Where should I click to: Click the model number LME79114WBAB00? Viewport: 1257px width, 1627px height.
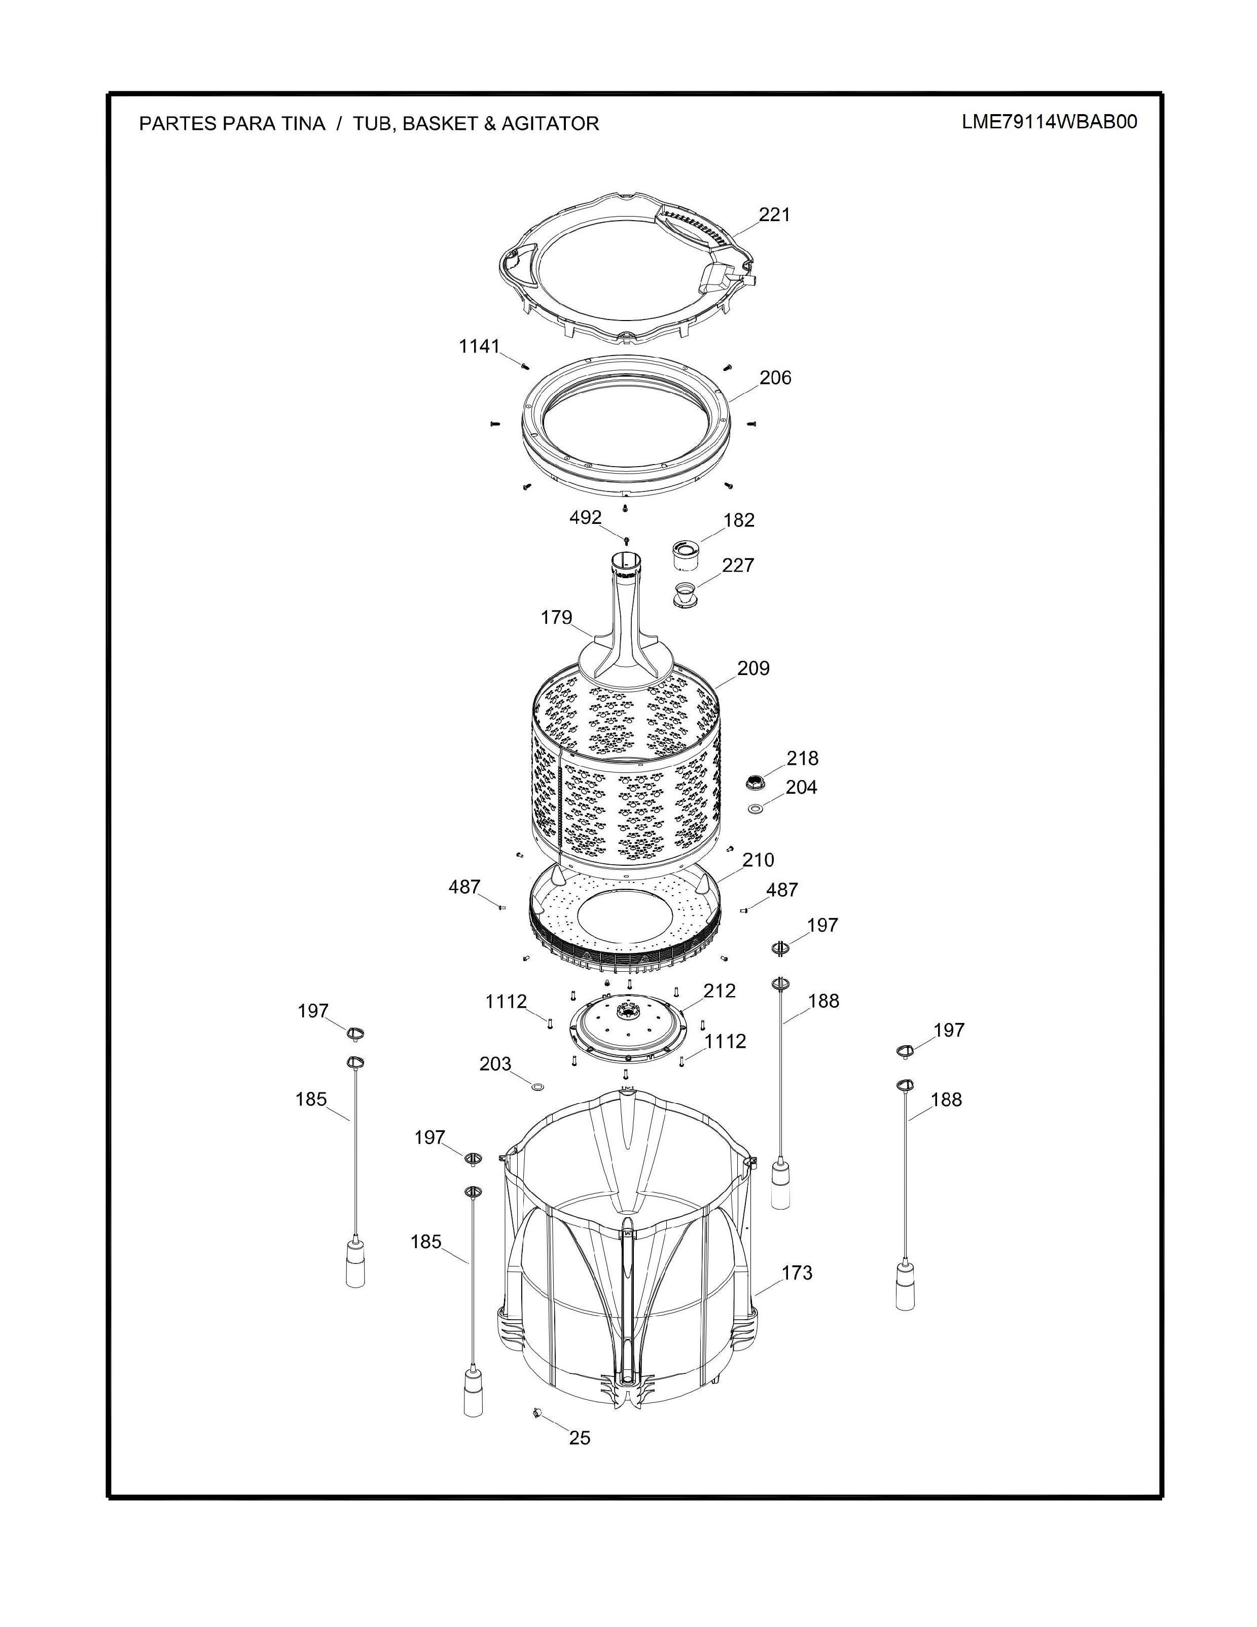point(1049,122)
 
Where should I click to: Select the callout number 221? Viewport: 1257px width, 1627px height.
point(774,215)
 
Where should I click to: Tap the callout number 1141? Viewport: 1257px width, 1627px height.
point(479,346)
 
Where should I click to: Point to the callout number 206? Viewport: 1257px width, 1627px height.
point(775,378)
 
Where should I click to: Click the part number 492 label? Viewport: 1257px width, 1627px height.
point(585,517)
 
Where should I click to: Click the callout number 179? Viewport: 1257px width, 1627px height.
point(556,618)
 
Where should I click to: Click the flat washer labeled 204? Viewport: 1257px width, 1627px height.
point(755,808)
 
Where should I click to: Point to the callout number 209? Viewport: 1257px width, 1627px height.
point(753,668)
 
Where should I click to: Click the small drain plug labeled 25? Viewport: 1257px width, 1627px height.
point(537,1412)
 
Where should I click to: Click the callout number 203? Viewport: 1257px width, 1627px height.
point(495,1064)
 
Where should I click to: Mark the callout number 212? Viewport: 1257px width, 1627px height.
point(720,991)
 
